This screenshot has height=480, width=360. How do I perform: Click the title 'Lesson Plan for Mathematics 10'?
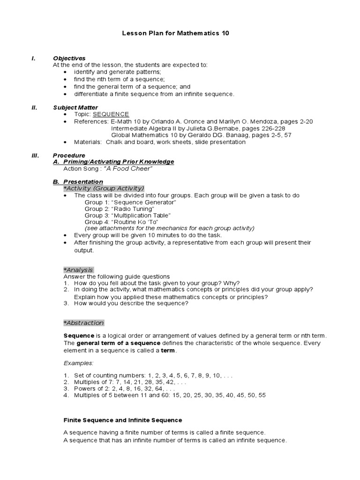176,34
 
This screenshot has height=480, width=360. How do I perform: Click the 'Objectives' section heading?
69,58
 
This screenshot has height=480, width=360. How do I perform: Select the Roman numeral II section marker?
34,107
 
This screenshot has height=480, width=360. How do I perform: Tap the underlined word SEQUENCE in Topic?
111,114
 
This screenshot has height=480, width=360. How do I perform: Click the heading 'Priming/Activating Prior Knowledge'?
117,162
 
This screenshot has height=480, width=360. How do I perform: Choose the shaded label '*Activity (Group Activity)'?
104,188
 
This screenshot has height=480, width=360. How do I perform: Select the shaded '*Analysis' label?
78,270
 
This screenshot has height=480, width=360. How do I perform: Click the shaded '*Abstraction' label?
83,323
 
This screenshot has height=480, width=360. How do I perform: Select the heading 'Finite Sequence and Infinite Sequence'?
122,420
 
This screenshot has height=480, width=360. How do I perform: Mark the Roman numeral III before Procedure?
35,155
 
